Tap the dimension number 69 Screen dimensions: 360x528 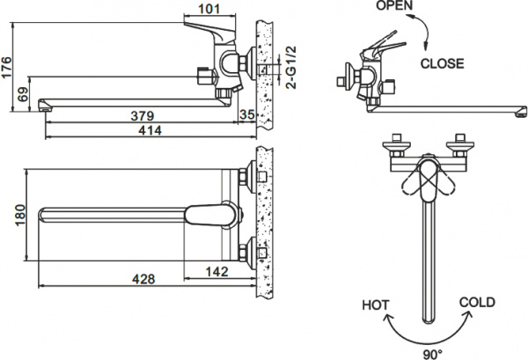[x=24, y=92]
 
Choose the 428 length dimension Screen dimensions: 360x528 [x=144, y=280]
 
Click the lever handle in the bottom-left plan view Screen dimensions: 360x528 [x=211, y=214]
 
